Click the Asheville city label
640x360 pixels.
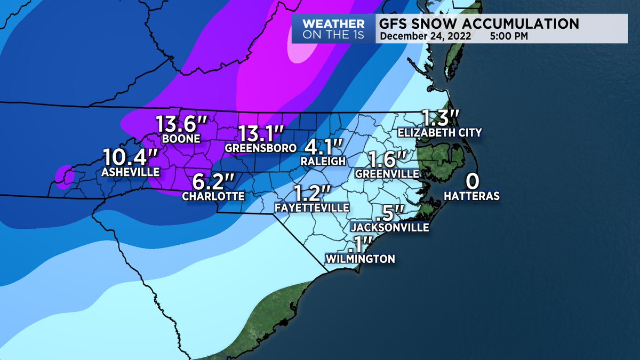point(131,172)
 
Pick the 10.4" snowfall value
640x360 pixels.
point(130,158)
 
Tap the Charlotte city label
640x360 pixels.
point(213,196)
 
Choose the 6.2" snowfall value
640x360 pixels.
point(214,182)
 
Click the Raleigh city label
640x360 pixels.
point(322,161)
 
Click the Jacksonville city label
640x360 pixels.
point(390,227)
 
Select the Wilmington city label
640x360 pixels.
point(361,259)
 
